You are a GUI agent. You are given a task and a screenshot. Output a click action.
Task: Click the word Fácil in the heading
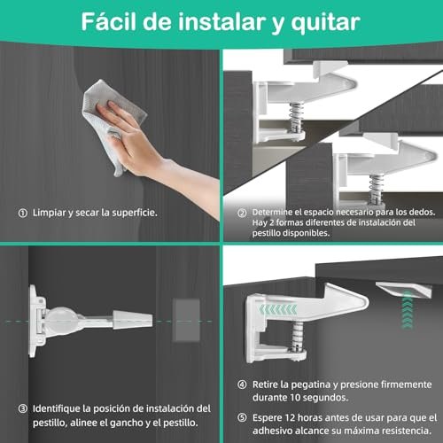109,21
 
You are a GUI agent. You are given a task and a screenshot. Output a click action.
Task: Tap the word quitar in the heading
325,23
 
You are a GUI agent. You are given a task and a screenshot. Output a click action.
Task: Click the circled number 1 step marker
23,213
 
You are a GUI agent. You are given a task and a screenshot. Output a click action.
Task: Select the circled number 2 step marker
242,213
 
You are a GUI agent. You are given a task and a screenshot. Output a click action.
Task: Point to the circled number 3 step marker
23,408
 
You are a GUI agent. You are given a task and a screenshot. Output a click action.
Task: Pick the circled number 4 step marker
242,385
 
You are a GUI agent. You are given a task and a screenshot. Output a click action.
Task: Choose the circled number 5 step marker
242,417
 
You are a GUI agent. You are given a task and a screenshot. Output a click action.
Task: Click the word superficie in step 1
135,213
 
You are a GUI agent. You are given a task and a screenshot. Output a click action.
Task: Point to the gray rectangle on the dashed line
186,320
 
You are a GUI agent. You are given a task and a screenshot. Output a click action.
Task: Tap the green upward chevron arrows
408,309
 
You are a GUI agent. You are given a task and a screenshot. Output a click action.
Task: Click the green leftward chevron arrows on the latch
278,309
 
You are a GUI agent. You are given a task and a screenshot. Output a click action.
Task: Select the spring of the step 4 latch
297,337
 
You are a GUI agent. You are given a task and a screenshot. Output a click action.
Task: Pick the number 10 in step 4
295,398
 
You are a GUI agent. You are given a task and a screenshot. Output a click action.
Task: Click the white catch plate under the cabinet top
404,290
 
